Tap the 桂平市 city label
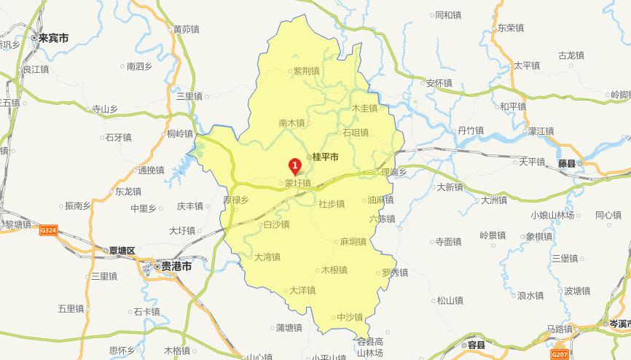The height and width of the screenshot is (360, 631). (x=325, y=157)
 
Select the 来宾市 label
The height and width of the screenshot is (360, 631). (x=53, y=37)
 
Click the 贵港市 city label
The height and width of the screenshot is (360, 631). (x=176, y=267)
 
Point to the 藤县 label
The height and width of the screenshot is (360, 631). (x=566, y=163)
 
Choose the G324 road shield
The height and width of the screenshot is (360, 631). (x=49, y=230)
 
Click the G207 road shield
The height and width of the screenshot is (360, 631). (x=560, y=354)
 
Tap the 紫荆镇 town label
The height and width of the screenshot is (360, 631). (x=306, y=71)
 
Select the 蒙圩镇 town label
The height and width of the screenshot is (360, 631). (x=297, y=183)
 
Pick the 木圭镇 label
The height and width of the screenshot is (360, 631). (x=364, y=108)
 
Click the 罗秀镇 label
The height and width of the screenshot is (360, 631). (x=394, y=273)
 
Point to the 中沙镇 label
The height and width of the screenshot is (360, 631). (x=350, y=317)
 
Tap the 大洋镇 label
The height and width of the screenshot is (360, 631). (x=302, y=290)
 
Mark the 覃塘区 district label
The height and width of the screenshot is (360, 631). (x=122, y=251)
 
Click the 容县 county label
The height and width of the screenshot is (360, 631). (x=477, y=345)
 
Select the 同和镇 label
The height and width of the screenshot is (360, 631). (x=447, y=15)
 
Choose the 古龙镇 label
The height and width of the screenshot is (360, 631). (x=571, y=55)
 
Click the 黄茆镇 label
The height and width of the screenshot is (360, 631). (x=186, y=30)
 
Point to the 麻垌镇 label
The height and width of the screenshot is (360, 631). (x=353, y=241)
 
